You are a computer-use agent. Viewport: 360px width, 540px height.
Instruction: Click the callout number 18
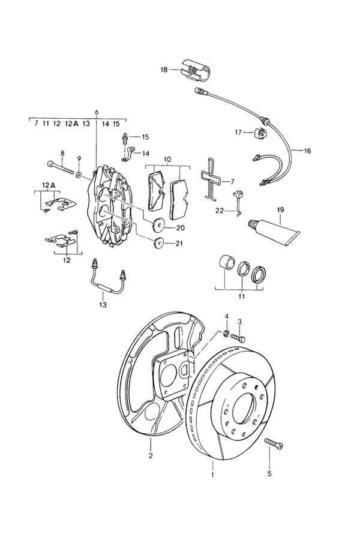click(164, 70)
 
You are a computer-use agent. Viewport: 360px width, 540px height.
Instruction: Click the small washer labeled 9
click(79, 175)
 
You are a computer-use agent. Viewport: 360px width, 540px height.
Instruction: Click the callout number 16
click(307, 151)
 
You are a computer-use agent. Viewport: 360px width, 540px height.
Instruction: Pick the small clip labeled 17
click(260, 133)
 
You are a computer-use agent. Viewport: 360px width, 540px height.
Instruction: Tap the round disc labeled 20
click(159, 224)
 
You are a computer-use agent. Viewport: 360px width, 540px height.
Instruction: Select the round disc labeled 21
click(158, 242)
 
